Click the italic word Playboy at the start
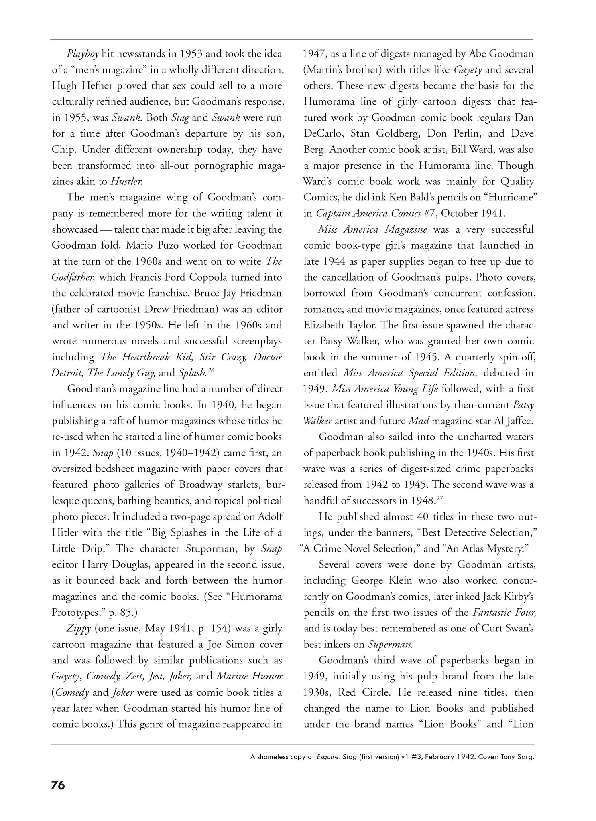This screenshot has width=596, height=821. pyautogui.click(x=82, y=54)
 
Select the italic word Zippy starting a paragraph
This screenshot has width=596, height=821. pyautogui.click(x=79, y=629)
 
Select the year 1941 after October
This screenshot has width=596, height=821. pyautogui.click(x=492, y=213)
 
